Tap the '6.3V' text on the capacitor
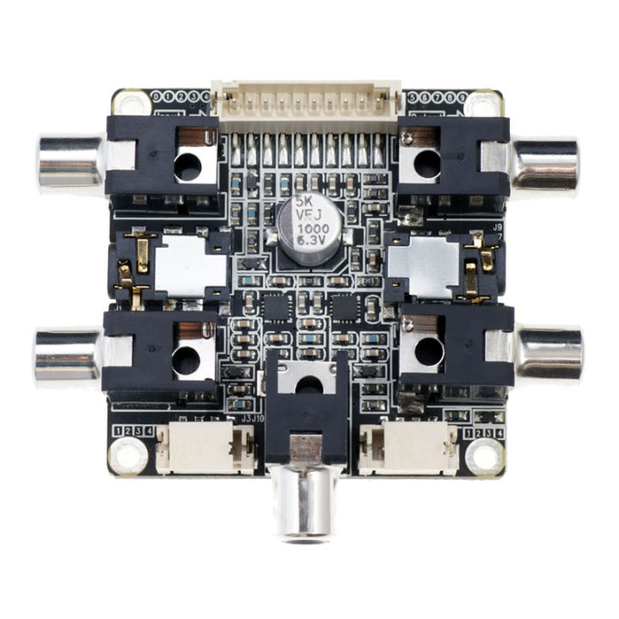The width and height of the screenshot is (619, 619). coord(309,242)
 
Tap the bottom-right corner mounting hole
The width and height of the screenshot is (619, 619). coord(485,456)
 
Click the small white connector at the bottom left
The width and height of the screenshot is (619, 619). coord(206,448)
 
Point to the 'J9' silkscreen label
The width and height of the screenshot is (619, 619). coord(497,228)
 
